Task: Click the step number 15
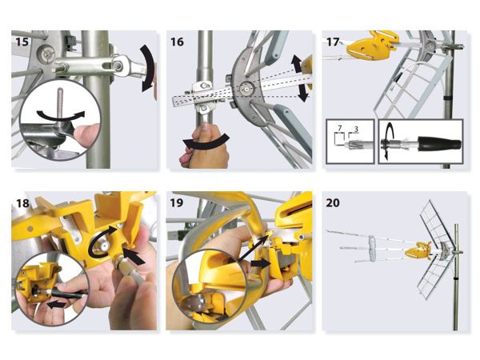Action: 22,42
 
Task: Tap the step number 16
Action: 177,42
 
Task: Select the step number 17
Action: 333,42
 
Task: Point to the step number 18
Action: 22,202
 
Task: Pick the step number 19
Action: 177,202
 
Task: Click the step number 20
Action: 333,202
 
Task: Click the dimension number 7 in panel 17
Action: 340,128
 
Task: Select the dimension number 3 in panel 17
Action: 356,129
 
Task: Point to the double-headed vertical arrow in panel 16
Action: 300,78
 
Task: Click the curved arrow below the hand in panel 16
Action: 206,142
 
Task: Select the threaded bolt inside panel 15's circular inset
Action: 60,103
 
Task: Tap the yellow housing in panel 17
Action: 373,45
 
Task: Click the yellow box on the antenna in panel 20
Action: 418,250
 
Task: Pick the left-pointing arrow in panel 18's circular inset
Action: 56,304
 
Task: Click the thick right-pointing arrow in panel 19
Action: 260,263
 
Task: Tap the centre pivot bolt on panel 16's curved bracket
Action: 246,89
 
